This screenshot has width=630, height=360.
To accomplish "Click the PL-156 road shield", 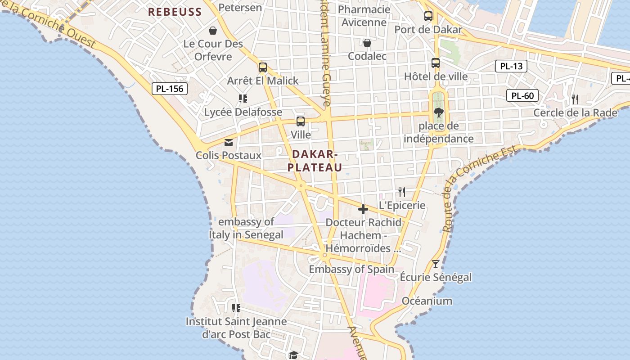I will (169, 89).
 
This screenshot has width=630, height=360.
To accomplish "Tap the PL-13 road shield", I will (511, 66).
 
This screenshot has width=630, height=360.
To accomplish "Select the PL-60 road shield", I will (522, 95).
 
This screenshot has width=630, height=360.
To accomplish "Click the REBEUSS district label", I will (175, 12).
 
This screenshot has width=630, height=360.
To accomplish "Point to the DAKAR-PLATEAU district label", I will (315, 161).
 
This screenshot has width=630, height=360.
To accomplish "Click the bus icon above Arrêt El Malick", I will (263, 67).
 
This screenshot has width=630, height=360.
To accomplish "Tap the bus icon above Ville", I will (301, 121).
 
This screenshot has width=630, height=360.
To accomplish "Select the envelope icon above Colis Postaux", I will (229, 142).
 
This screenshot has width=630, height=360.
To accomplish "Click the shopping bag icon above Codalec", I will (367, 43).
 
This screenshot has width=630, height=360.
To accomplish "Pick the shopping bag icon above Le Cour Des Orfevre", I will (213, 31).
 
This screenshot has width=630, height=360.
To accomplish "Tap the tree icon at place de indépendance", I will (438, 112).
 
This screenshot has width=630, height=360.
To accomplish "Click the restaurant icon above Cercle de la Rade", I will (575, 99).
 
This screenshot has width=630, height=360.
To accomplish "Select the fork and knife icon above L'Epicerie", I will (402, 192).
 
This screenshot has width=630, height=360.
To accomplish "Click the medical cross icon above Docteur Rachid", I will (363, 209).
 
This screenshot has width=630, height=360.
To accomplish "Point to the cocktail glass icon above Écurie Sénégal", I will (436, 264).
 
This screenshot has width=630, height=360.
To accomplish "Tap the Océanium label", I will (427, 301).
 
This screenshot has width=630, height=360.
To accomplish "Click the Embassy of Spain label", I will (351, 269).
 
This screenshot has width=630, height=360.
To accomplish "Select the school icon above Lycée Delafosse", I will (243, 98).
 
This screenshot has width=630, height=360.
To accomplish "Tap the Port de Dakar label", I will (428, 30).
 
